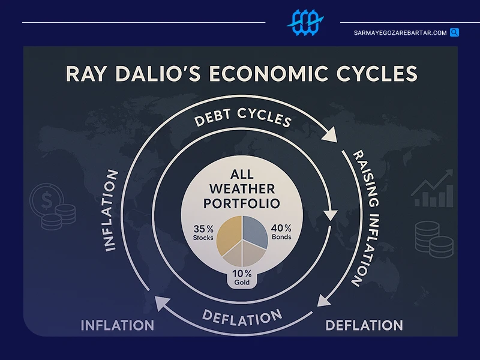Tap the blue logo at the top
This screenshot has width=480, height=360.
pyautogui.click(x=305, y=22)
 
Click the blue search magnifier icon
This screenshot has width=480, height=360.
pyautogui.click(x=454, y=32)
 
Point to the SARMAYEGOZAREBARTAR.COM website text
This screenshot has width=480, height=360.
pyautogui.click(x=400, y=33)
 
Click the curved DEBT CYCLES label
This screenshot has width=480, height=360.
pyautogui.click(x=242, y=117)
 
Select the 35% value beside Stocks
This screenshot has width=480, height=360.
pyautogui.click(x=203, y=229)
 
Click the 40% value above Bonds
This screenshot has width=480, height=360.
pyautogui.click(x=281, y=228)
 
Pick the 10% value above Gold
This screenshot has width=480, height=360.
pyautogui.click(x=242, y=274)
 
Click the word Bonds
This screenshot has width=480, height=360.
pyautogui.click(x=281, y=237)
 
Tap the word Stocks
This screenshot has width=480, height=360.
pyautogui.click(x=203, y=238)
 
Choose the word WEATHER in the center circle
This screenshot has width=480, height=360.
pyautogui.click(x=242, y=189)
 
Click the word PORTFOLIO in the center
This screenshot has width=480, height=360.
pyautogui.click(x=242, y=203)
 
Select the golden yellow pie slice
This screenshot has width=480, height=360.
pyautogui.click(x=230, y=234)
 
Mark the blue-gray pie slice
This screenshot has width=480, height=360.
pyautogui.click(x=254, y=231)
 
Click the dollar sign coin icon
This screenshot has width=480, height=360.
pyautogui.click(x=47, y=200)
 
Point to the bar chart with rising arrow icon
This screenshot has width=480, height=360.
pyautogui.click(x=432, y=188)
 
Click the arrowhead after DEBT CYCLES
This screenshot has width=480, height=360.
pyautogui.click(x=331, y=136)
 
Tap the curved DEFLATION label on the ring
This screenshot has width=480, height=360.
pyautogui.click(x=242, y=317)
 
